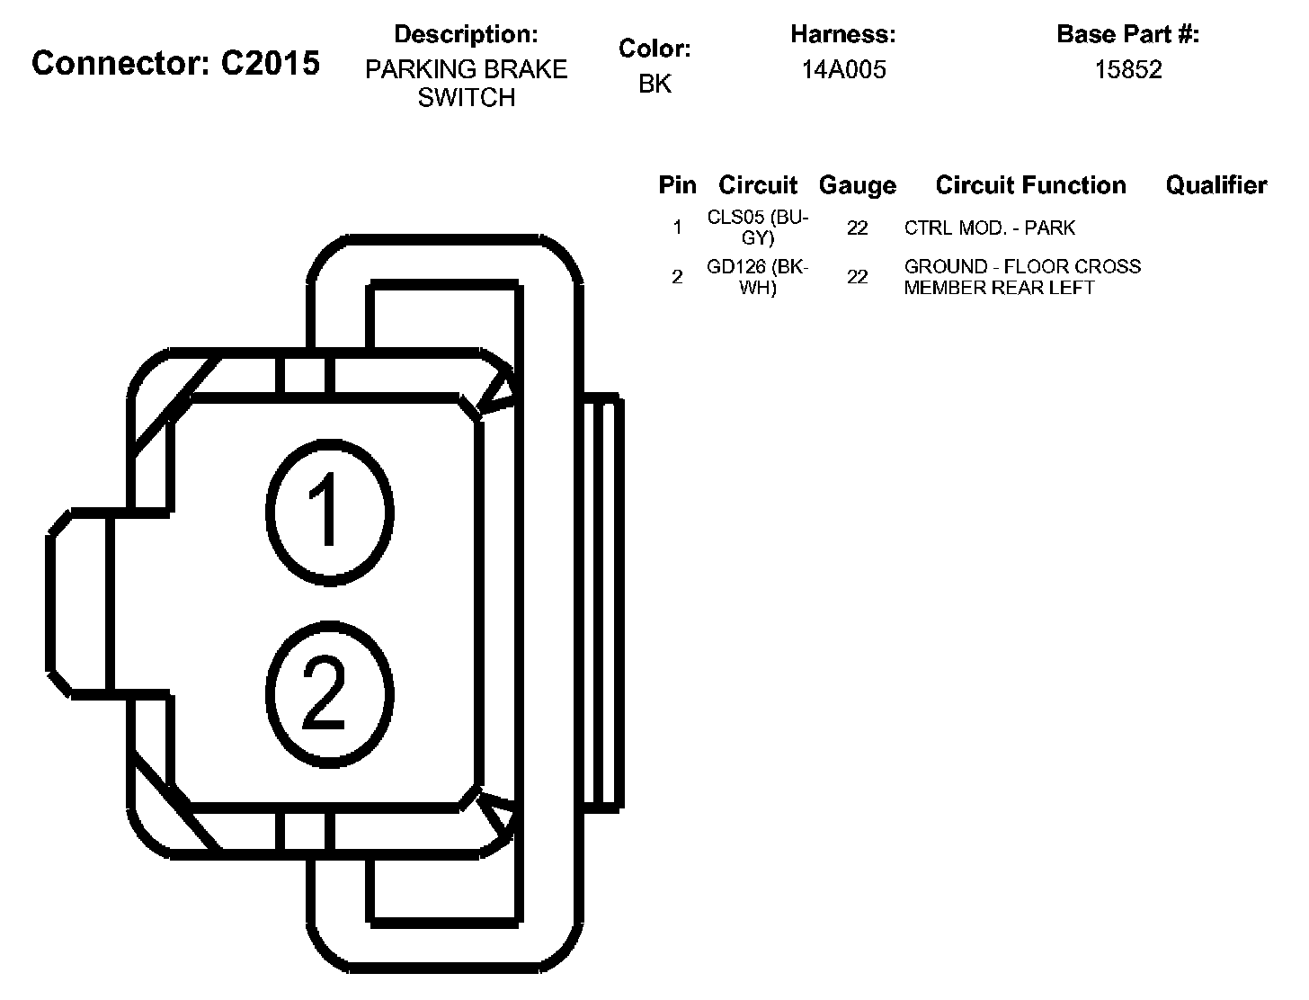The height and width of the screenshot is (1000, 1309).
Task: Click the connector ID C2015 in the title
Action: pyautogui.click(x=270, y=64)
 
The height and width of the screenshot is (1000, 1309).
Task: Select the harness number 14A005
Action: pyautogui.click(x=843, y=69)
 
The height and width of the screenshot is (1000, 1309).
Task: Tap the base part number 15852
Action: pyautogui.click(x=1127, y=69)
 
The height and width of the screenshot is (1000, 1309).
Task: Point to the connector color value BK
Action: pyautogui.click(x=654, y=84)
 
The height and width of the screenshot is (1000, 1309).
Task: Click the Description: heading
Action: pyautogui.click(x=466, y=35)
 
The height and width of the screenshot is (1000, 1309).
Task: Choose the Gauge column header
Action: pyautogui.click(x=857, y=185)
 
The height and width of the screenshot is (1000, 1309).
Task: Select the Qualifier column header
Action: pyautogui.click(x=1215, y=185)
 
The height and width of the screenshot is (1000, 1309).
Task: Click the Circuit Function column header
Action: pyautogui.click(x=1030, y=185)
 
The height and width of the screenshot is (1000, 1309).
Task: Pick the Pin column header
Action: pyautogui.click(x=677, y=185)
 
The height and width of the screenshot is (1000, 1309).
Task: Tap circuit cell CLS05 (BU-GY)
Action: pyautogui.click(x=758, y=228)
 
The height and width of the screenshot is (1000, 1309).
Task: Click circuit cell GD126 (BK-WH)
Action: pyautogui.click(x=758, y=277)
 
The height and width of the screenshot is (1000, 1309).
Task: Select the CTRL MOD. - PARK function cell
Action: pyautogui.click(x=989, y=228)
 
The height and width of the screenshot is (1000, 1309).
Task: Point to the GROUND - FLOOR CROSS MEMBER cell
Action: pyautogui.click(x=1022, y=277)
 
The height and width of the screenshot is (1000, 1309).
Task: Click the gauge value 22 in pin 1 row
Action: pyautogui.click(x=857, y=228)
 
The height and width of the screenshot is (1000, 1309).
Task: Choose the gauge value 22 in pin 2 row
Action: pyautogui.click(x=857, y=277)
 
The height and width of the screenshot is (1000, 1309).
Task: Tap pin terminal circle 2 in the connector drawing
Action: pyautogui.click(x=329, y=693)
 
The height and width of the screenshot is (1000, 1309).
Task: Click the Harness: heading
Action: pyautogui.click(x=842, y=35)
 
